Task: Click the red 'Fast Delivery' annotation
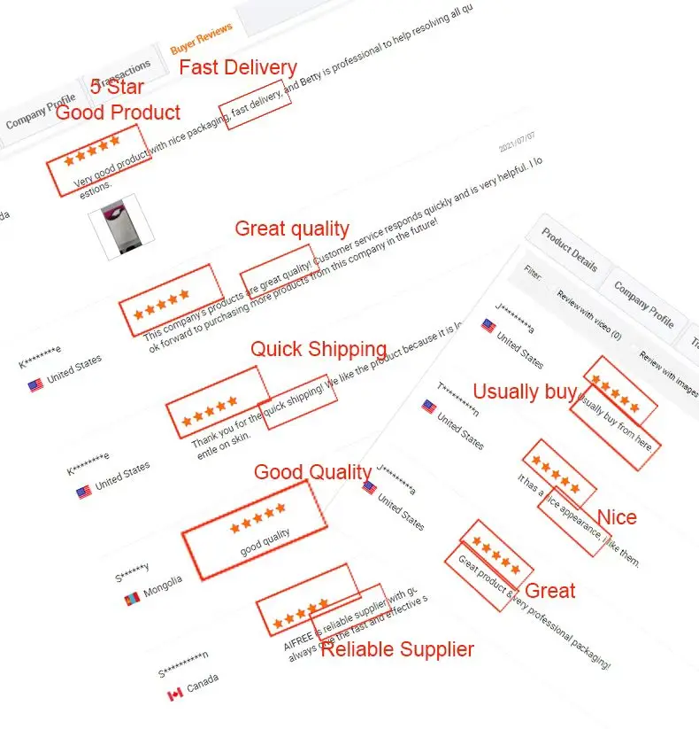pos(238,67)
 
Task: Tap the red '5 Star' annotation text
pos(117,88)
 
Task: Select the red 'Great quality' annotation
pos(291,229)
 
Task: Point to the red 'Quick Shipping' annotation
pos(318,349)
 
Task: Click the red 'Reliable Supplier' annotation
pos(396,649)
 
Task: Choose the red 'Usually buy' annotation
pos(525,392)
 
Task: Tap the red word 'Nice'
pos(617,517)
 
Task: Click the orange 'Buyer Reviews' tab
pos(201,39)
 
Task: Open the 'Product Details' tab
pos(570,252)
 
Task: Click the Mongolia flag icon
pos(133,598)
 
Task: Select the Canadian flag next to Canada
pos(174,694)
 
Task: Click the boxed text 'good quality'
pos(265,539)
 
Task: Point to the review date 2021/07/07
pos(517,143)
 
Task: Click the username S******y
pos(132,572)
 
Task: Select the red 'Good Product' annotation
pos(118,112)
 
